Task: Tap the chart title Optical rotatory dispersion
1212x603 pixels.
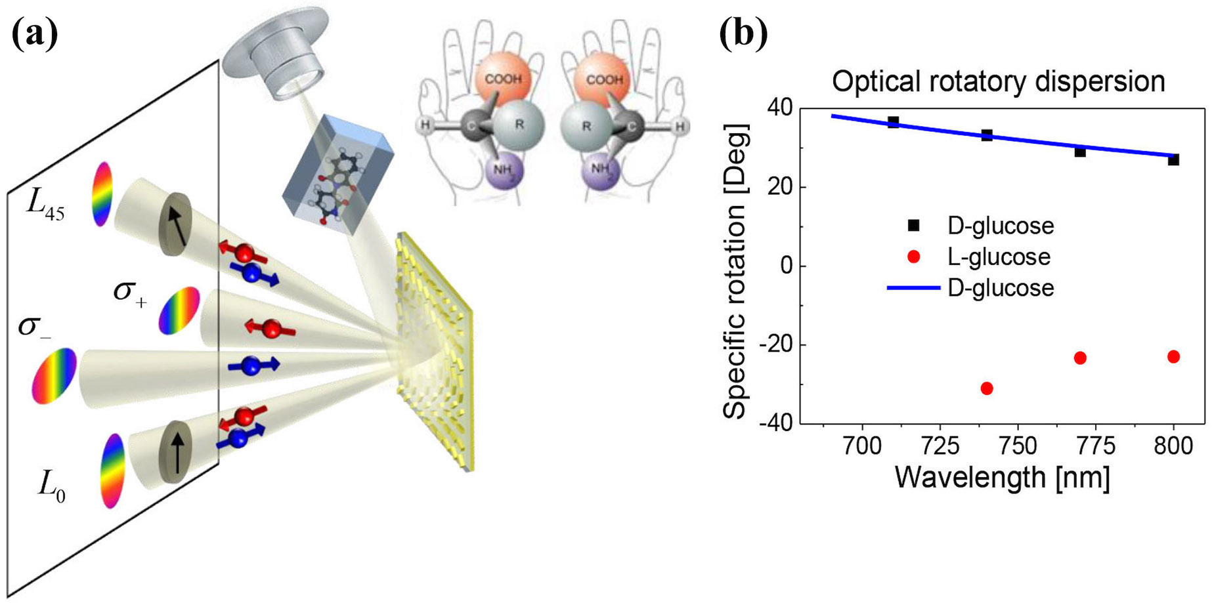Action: [x=998, y=82]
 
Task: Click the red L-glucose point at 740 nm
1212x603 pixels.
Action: [x=986, y=388]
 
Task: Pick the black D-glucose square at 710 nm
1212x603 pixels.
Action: [x=893, y=122]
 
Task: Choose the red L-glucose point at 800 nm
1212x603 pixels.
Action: [x=1173, y=357]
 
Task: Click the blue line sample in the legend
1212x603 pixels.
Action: [x=913, y=287]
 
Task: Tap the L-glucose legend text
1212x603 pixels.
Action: [x=999, y=257]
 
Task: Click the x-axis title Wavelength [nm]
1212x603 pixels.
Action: [x=1002, y=478]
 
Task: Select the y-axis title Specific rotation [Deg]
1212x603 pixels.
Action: [x=735, y=271]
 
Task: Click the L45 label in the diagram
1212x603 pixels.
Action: [x=45, y=205]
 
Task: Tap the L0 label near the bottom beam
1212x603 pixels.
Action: [x=51, y=487]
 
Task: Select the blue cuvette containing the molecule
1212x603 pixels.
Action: [x=335, y=177]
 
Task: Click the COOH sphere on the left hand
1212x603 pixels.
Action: [x=504, y=79]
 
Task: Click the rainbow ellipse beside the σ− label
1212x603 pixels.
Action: [x=54, y=375]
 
